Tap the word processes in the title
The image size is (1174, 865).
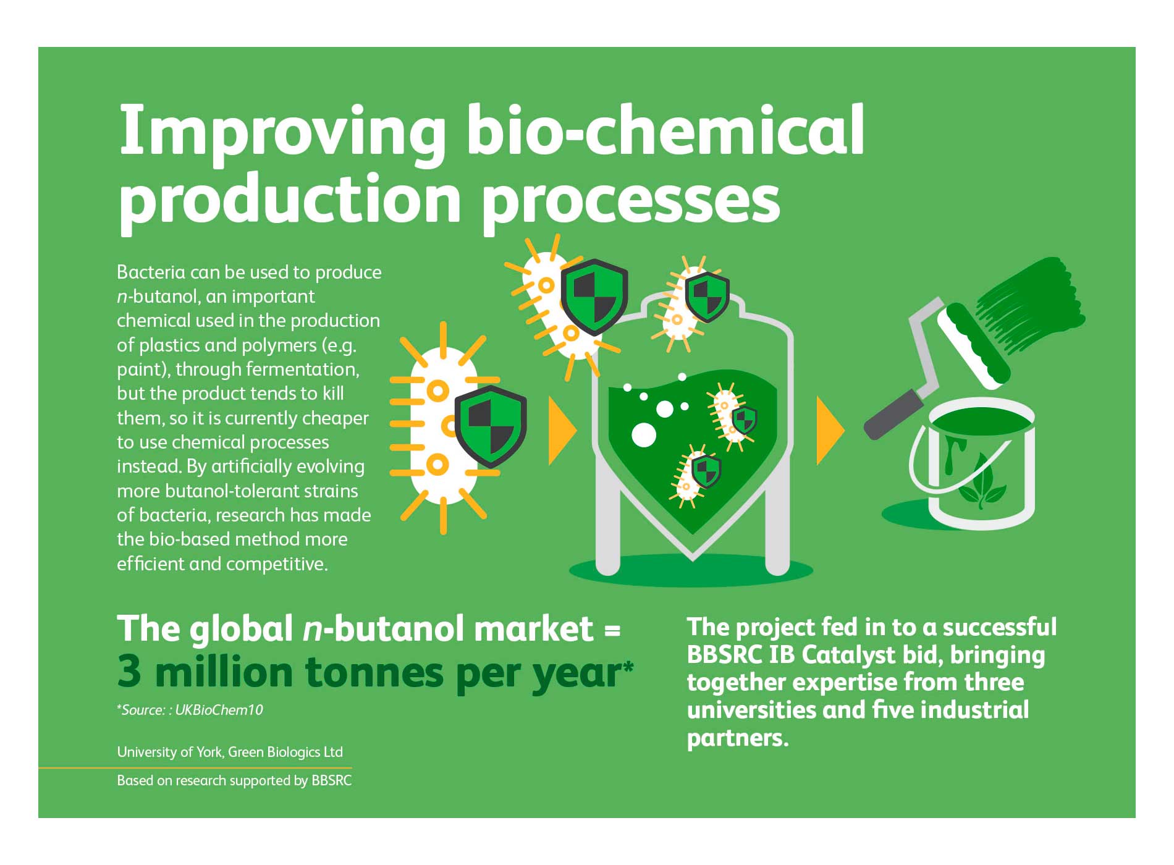(x=630, y=201)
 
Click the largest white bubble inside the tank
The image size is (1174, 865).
(x=643, y=434)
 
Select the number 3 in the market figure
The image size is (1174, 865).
(x=129, y=672)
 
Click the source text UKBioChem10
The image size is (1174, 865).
(x=219, y=710)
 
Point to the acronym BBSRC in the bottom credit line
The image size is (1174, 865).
(x=331, y=780)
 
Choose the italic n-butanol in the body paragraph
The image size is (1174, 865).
(x=157, y=297)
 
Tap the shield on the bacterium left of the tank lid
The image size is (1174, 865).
(x=594, y=297)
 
